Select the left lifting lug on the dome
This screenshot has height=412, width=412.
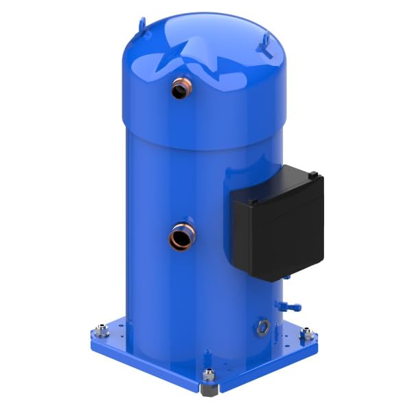pos(143,25)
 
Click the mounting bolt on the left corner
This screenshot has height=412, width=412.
pos(102,332)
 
